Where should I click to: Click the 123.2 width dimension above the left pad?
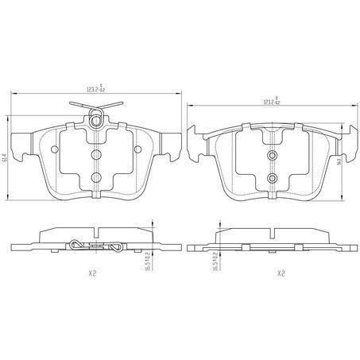pos(95,90)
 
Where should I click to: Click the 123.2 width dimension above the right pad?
pos(273,102)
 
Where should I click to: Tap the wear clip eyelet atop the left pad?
pos(95,122)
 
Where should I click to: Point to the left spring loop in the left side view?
pos(75,244)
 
